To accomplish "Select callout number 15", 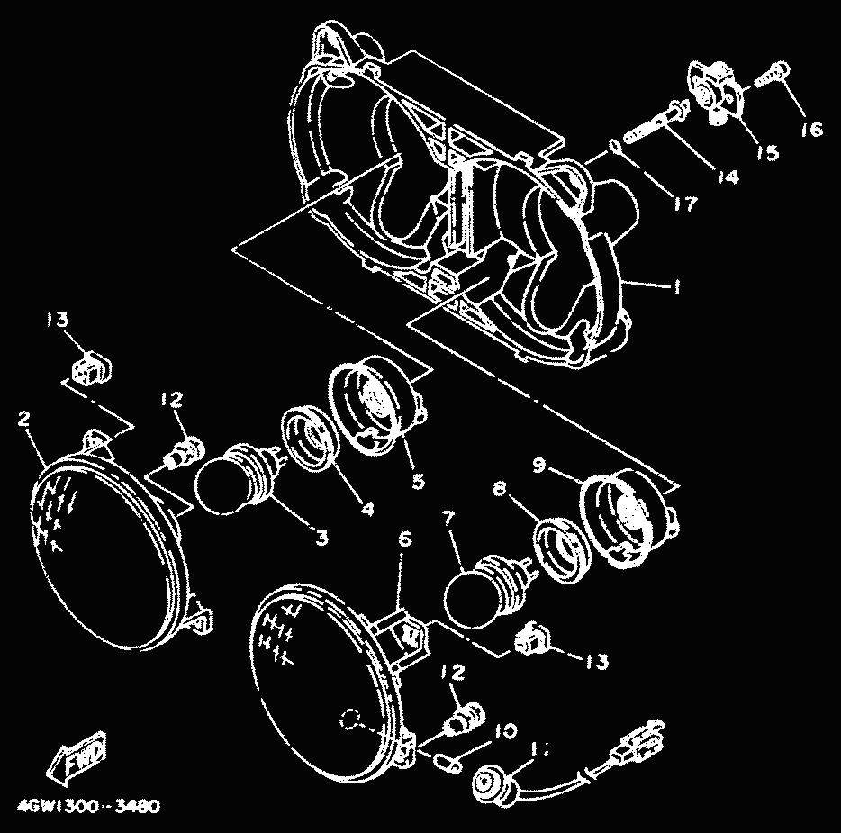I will click(x=766, y=153).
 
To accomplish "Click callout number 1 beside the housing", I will click(x=671, y=286).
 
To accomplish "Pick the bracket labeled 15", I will click(x=717, y=91).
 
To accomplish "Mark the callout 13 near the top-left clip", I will click(x=58, y=321).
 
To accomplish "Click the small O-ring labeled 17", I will click(x=613, y=145).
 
